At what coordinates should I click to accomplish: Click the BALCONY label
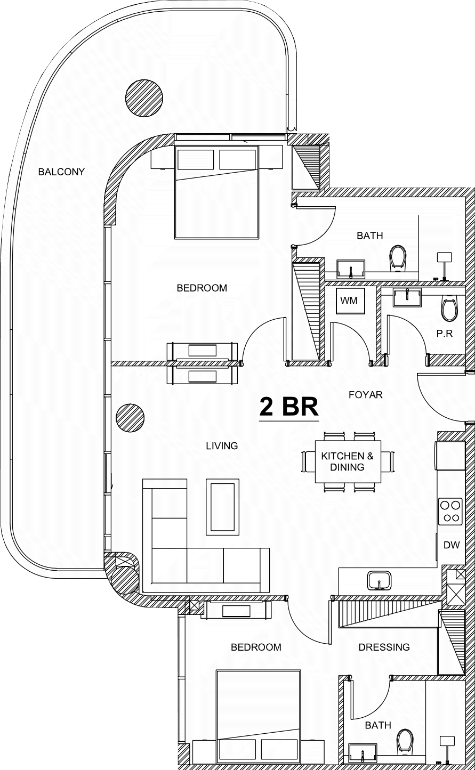(x=61, y=172)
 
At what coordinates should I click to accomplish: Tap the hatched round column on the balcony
(x=144, y=98)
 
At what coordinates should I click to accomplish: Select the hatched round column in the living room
(x=130, y=418)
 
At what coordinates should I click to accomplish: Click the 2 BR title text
(x=289, y=407)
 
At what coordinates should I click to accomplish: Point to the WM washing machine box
(x=350, y=300)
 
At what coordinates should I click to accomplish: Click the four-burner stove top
(x=450, y=512)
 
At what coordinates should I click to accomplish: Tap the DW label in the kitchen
(x=451, y=545)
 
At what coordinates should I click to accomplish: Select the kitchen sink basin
(x=380, y=581)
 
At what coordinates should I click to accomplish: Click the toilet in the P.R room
(x=449, y=308)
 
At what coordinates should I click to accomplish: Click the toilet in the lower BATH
(x=405, y=742)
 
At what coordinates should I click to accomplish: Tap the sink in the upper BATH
(x=350, y=269)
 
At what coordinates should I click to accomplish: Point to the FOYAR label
(x=365, y=395)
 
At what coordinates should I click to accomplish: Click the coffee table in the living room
(x=222, y=507)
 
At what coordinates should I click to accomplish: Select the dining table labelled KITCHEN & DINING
(x=348, y=461)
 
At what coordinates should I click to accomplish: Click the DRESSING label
(x=384, y=647)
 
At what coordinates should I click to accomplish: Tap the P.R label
(x=445, y=334)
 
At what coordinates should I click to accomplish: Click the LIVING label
(x=222, y=446)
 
